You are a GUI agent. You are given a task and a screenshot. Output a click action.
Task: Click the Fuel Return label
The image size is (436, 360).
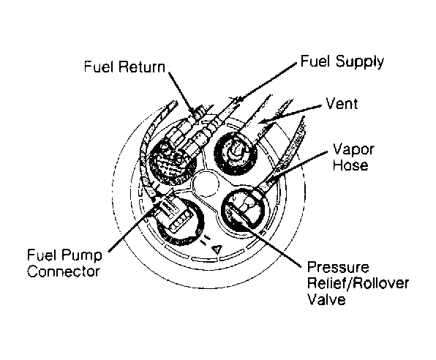coord(124,67)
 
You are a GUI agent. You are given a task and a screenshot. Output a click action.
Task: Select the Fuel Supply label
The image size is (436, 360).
coord(342,61)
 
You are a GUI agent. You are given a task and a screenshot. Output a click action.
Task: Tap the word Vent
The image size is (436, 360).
coord(342,103)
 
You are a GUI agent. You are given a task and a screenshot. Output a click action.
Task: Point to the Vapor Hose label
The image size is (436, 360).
coord(353,157)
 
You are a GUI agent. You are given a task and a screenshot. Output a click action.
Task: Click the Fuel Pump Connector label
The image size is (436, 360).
coord(64,263)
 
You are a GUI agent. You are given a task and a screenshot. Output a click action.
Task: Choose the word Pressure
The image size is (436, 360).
coord(338,267)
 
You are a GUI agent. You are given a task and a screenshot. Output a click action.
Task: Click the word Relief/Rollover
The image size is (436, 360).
coord(358,283)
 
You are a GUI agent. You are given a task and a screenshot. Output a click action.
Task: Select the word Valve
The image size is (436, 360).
coord(326,299)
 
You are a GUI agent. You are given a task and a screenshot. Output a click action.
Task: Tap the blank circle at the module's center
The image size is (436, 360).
coord(206,184)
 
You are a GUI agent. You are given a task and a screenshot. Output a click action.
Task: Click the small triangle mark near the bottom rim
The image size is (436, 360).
coord(217,250)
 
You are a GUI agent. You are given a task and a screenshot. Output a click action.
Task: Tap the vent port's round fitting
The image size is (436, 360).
coord(236,153)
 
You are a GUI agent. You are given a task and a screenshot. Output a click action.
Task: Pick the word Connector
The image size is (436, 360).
coord(64,271)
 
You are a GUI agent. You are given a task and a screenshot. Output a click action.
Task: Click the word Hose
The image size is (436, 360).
coord(350,165)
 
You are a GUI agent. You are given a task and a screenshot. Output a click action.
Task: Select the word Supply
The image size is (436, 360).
coord(360,61)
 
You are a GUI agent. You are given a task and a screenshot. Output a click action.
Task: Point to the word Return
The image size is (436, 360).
coord(141,67)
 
